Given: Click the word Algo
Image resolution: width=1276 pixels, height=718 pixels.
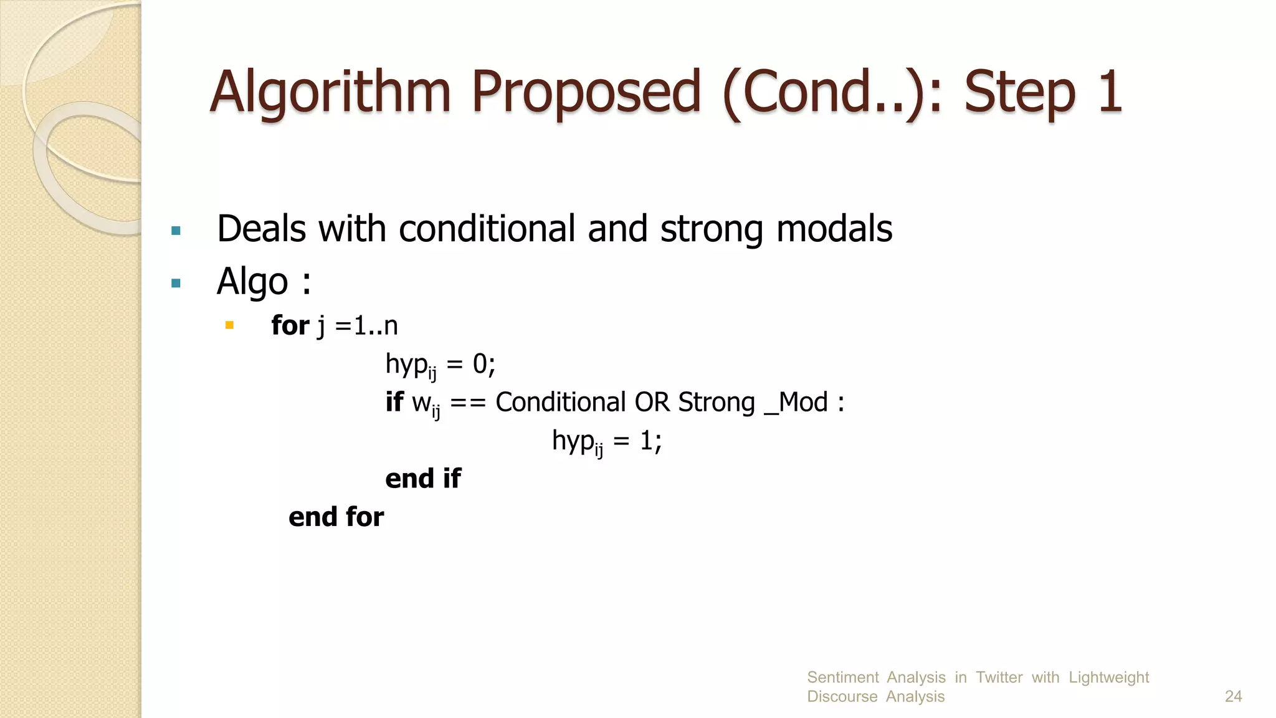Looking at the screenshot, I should pyautogui.click(x=252, y=282).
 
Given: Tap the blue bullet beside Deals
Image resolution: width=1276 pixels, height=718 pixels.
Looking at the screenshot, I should pyautogui.click(x=176, y=231).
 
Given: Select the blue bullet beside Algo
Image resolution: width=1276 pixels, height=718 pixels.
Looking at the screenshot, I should pyautogui.click(x=176, y=284).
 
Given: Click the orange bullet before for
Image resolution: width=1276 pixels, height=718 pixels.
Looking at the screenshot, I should pyautogui.click(x=229, y=325).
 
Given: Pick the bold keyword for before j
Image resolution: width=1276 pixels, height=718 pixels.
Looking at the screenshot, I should pyautogui.click(x=290, y=325).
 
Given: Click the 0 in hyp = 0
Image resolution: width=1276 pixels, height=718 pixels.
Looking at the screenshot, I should pyautogui.click(x=480, y=363).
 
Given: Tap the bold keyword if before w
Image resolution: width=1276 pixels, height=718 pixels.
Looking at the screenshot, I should pyautogui.click(x=394, y=402).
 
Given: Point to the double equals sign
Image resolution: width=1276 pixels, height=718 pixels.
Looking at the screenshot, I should pyautogui.click(x=467, y=403).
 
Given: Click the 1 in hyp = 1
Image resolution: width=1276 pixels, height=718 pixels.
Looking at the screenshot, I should pyautogui.click(x=646, y=441).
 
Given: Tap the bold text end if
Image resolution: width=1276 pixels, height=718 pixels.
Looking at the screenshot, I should pyautogui.click(x=423, y=479).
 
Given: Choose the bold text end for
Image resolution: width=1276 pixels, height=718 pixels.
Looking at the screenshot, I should pyautogui.click(x=336, y=517).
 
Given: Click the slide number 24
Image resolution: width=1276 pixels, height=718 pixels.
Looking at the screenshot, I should pyautogui.click(x=1233, y=696).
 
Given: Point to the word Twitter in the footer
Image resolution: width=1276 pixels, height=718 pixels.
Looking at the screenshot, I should pyautogui.click(x=999, y=677).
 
